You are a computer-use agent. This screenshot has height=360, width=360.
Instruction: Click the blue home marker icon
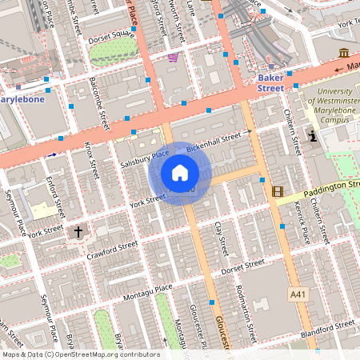tap(180, 173)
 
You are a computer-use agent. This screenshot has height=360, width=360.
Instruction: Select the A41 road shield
tap(298, 294)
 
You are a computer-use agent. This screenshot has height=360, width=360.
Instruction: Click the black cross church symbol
tap(78, 232)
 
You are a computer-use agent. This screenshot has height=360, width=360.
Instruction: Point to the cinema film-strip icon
tap(278, 191)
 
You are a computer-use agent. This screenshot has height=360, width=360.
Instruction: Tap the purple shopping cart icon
tap(173, 58)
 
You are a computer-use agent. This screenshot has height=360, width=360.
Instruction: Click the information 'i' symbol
tap(312, 137)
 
